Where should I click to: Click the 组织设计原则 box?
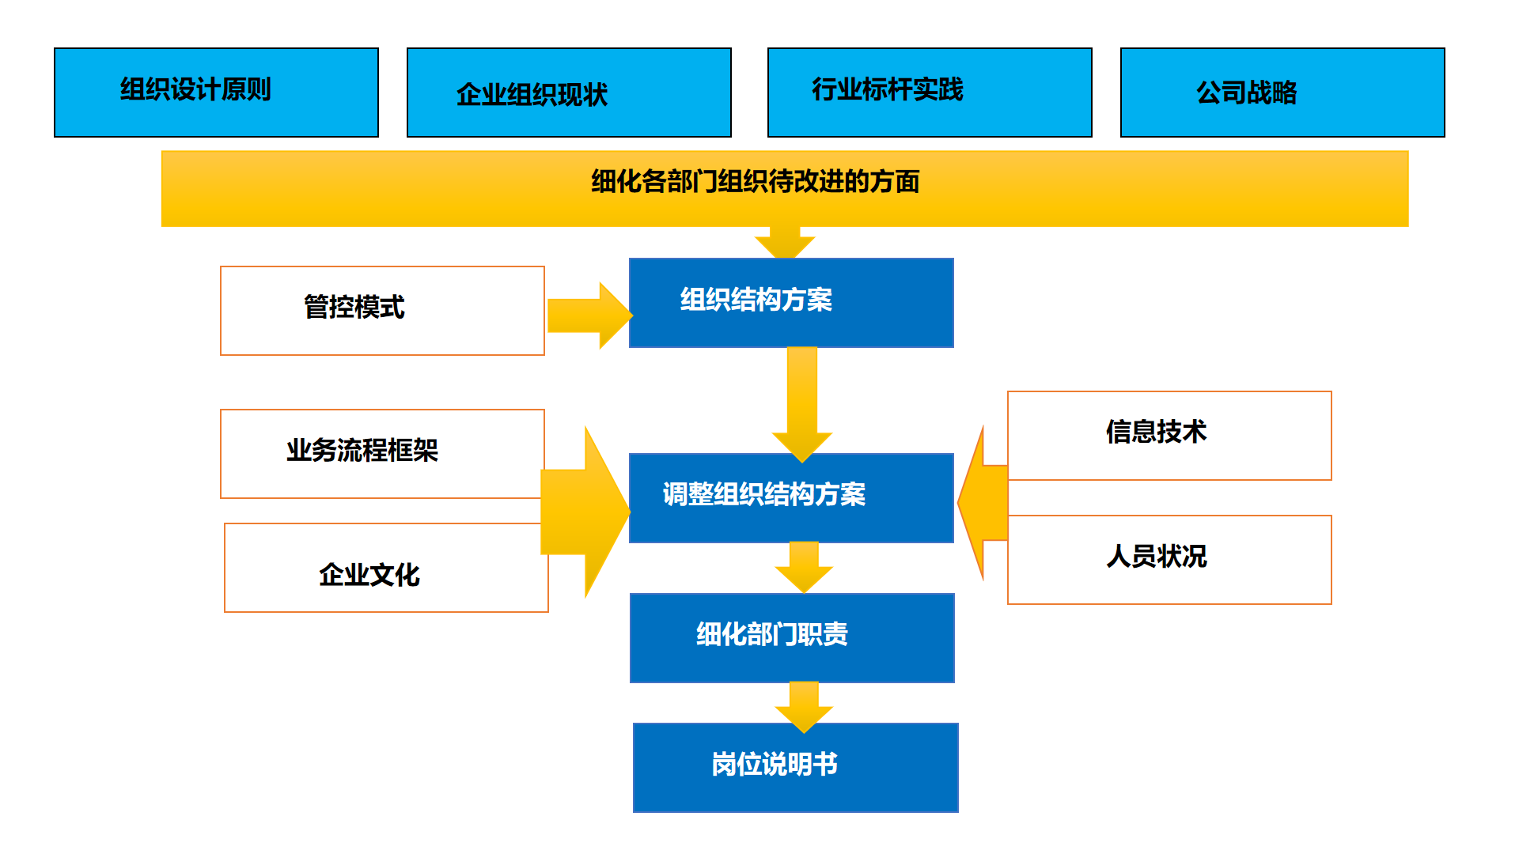tap(216, 93)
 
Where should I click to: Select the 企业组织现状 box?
tap(569, 93)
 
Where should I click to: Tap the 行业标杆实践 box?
tap(930, 93)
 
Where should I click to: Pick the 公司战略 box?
tap(1282, 93)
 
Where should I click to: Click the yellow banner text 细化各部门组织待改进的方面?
tap(756, 182)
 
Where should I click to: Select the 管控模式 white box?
tap(382, 310)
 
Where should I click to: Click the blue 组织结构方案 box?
tap(791, 303)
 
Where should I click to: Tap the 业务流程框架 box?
tap(382, 453)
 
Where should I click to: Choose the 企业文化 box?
tap(385, 568)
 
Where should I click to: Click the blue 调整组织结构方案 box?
tap(791, 497)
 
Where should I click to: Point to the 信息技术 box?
tap(1169, 435)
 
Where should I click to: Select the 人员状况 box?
tap(1169, 560)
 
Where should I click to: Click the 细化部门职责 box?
tap(792, 637)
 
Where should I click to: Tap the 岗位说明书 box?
tap(795, 767)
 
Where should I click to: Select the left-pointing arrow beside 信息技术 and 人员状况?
tap(983, 502)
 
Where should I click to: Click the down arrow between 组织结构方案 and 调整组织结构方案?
tap(802, 403)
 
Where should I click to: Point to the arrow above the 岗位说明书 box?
tap(804, 705)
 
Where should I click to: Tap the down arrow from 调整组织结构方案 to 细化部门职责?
tap(804, 566)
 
